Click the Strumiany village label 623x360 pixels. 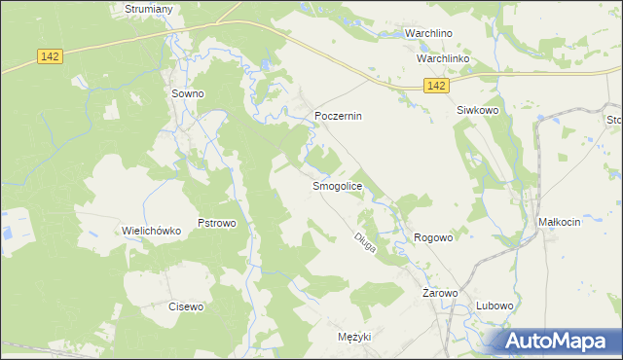tap(149, 9)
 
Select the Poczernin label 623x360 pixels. tap(338, 116)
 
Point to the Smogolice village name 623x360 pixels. tap(337, 186)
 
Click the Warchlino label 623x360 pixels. tap(430, 32)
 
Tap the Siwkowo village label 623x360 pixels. tap(477, 111)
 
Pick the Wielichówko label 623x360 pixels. tap(152, 231)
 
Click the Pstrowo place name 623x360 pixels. tap(217, 223)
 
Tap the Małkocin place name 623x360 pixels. tap(559, 222)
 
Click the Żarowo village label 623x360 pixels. tap(440, 293)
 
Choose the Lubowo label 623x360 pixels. tap(495, 306)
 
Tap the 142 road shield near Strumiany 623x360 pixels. tap(51, 57)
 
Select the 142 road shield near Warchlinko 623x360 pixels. tap(436, 87)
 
